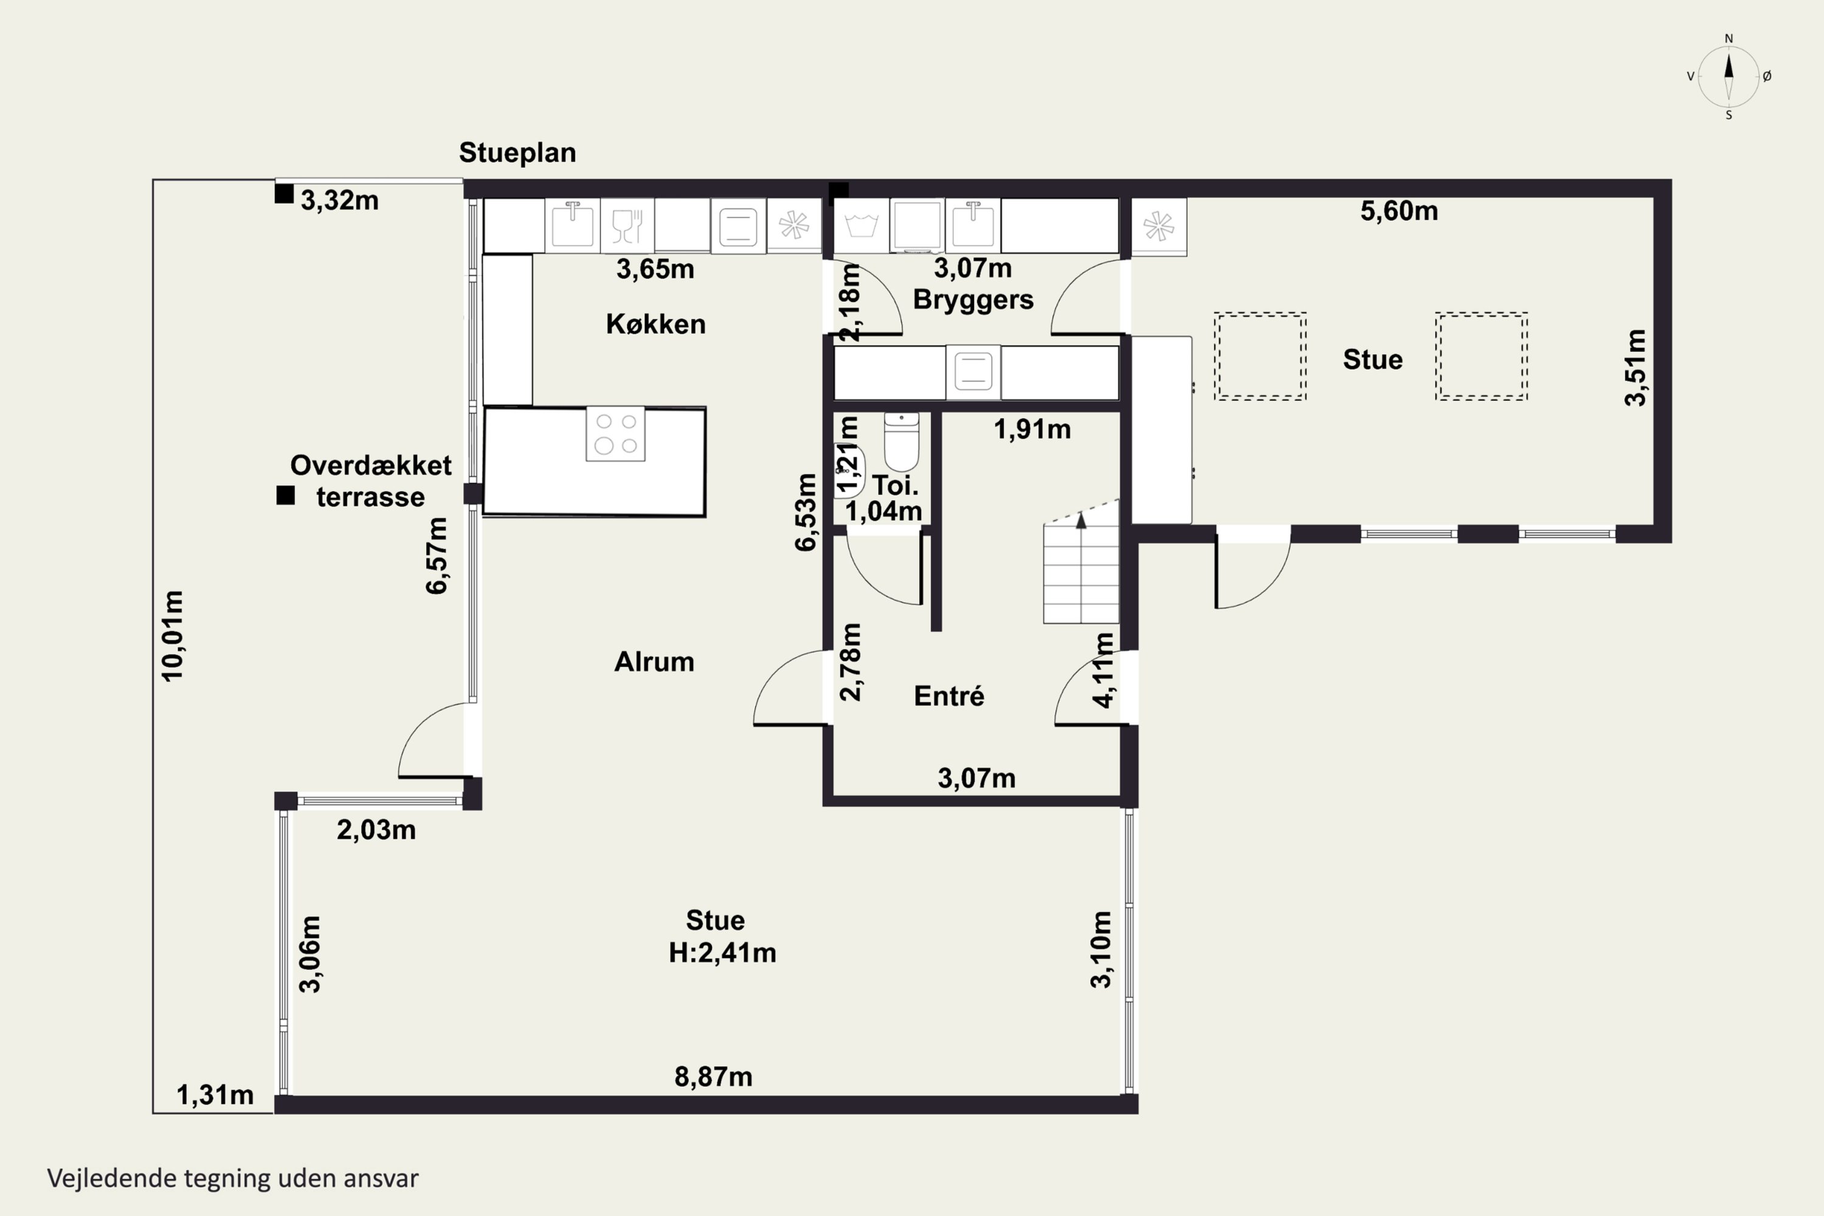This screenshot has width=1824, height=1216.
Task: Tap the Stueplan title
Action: tap(517, 153)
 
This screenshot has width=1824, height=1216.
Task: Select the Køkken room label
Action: tap(655, 323)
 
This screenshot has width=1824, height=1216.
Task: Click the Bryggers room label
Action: tap(973, 299)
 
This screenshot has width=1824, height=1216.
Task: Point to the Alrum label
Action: tap(654, 662)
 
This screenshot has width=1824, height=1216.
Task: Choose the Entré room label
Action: tap(949, 696)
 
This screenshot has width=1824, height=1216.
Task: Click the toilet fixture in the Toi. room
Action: tap(901, 441)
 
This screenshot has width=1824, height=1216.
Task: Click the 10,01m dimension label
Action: tap(172, 636)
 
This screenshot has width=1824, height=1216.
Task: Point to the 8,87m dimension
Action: tap(713, 1076)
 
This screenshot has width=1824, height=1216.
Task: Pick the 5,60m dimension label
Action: tap(1399, 211)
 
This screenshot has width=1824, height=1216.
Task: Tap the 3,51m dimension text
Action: tap(1635, 368)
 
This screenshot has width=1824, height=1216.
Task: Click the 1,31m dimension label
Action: tap(215, 1095)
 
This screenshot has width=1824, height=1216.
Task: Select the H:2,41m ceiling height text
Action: tap(722, 952)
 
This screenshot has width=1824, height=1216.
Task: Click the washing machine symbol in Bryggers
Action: tap(862, 226)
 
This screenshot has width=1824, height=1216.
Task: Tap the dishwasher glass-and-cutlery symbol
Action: tap(627, 226)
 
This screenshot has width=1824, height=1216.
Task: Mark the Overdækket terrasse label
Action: tap(371, 481)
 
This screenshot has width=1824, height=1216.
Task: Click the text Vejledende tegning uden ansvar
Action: tap(233, 1178)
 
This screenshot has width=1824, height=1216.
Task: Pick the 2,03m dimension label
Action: tap(376, 830)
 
